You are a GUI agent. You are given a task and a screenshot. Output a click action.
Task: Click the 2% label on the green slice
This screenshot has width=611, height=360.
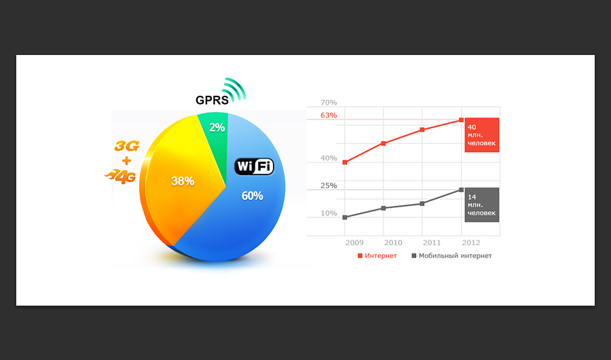click(x=217, y=128)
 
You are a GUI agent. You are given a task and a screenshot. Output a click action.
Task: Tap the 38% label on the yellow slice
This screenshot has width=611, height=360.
click(x=183, y=181)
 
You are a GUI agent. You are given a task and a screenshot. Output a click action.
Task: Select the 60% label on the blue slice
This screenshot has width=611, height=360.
click(x=252, y=196)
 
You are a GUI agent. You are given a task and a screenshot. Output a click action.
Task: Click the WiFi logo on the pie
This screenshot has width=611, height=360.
click(x=254, y=166)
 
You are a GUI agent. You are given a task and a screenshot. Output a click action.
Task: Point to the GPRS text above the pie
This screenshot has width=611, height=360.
click(x=212, y=101)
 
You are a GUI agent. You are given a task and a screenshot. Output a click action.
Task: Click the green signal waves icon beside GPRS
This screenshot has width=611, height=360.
click(x=234, y=90)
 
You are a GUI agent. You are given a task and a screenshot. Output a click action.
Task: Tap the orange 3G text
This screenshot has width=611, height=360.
click(x=127, y=146)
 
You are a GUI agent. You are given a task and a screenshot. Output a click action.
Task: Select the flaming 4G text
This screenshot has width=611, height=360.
click(x=120, y=177)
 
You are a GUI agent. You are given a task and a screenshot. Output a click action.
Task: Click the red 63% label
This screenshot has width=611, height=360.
click(x=329, y=115)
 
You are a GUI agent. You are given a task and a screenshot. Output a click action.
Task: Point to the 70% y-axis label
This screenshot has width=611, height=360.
click(x=329, y=103)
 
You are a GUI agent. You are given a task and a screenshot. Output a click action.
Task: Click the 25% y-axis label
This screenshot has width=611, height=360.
click(x=329, y=185)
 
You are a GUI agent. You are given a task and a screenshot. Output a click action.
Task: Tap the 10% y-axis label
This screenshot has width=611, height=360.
click(x=329, y=213)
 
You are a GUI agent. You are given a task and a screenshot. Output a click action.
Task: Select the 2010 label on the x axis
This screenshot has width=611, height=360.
click(x=393, y=242)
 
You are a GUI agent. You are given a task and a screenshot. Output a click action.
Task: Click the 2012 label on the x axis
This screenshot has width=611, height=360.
click(x=471, y=242)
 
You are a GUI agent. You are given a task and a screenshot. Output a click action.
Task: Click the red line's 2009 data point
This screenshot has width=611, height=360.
click(x=345, y=162)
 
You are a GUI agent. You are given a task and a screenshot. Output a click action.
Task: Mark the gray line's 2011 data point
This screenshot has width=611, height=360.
click(x=422, y=204)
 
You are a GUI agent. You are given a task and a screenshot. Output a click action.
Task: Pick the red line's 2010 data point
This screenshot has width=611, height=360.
click(x=384, y=143)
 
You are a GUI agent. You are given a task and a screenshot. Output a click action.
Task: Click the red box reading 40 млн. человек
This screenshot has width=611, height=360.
click(x=482, y=135)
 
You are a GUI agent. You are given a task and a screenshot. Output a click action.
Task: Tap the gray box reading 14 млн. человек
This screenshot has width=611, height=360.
click(x=482, y=204)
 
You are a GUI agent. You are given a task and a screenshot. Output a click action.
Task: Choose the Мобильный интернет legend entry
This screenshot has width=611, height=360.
click(x=451, y=256)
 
